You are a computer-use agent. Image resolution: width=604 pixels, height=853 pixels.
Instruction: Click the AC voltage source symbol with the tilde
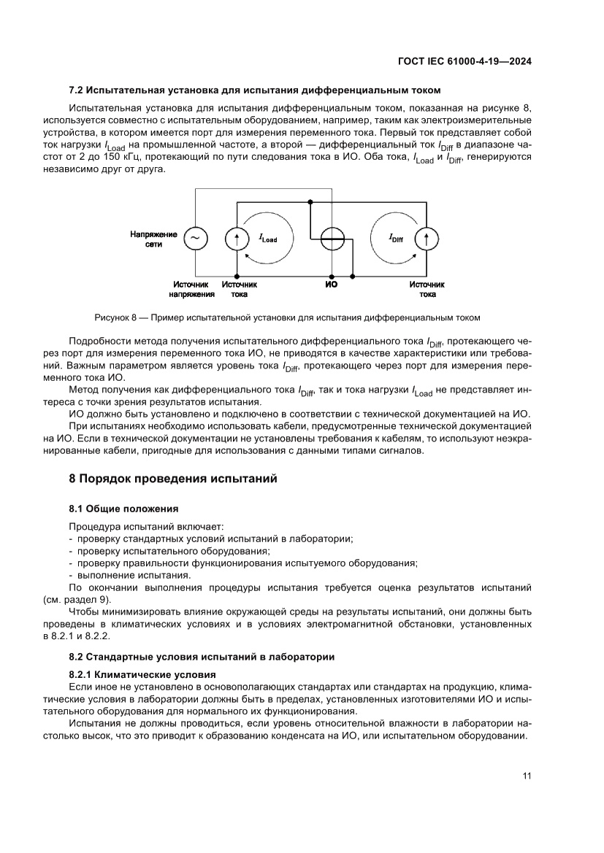pos(195,237)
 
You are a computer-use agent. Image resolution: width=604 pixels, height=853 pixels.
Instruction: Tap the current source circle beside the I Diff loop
pos(427,237)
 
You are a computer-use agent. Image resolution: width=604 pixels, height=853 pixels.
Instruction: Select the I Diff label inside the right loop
pos(396,238)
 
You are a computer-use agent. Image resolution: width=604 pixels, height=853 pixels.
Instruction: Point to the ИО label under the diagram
pos(331,285)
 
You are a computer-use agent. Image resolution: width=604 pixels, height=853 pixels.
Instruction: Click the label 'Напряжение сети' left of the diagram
pos(153,239)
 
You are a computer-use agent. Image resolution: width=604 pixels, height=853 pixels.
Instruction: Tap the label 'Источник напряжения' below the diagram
pos(192,290)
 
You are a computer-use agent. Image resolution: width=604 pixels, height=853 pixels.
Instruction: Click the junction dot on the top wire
pos(310,201)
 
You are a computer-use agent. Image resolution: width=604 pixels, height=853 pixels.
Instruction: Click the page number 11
pos(526,776)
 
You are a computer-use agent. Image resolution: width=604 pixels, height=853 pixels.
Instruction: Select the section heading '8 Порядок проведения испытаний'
pos(173,479)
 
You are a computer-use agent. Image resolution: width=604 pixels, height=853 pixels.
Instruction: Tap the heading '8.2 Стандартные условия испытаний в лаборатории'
pos(202,657)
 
